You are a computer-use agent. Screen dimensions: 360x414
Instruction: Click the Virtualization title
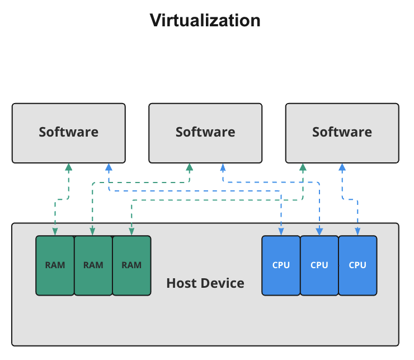coord(205,21)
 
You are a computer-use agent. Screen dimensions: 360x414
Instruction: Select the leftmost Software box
coord(69,133)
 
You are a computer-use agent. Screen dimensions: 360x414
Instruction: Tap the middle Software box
coord(205,133)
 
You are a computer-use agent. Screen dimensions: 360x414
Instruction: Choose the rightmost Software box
coord(342,133)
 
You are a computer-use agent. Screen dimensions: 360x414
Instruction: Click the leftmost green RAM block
coord(55,265)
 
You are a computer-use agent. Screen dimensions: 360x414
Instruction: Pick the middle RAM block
coord(93,265)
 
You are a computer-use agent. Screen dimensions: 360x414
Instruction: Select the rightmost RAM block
coord(131,265)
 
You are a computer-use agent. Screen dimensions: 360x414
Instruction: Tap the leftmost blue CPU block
coord(281,265)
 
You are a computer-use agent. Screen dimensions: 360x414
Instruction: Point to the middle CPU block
coord(319,265)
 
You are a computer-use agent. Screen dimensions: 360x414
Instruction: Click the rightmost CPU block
coord(357,265)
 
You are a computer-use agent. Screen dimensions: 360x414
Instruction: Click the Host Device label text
coord(205,283)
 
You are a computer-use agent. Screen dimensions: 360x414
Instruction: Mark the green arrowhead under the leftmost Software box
coord(69,167)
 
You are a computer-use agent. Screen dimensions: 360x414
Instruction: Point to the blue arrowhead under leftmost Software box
coord(109,167)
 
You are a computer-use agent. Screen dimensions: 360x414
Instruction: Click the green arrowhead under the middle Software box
coord(190,167)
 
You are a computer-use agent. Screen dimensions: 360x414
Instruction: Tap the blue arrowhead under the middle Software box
coord(223,167)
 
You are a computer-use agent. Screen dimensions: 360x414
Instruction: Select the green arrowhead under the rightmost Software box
coord(303,167)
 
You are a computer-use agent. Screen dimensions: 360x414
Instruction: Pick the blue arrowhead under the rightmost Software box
coord(342,167)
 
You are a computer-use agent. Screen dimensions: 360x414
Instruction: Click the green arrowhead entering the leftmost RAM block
coord(55,232)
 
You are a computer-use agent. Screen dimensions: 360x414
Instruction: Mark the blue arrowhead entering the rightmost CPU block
coord(357,232)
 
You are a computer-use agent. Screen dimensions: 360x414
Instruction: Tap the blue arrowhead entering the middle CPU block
coord(319,232)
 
